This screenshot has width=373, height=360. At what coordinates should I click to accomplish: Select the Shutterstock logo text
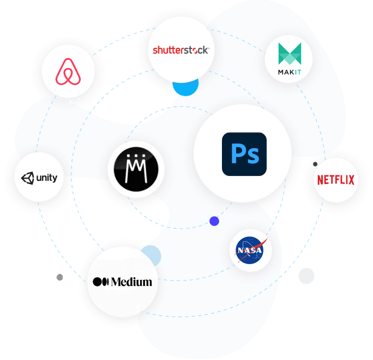[x=180, y=51]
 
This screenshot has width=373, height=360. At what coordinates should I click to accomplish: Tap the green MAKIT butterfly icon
[x=288, y=53]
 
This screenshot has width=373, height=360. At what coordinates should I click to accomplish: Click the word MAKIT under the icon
[x=288, y=71]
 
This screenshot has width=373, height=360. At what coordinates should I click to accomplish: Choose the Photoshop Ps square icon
[x=244, y=154]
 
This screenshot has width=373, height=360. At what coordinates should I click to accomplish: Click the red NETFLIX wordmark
[x=335, y=179]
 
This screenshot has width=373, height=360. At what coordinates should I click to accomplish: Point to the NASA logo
[x=250, y=250]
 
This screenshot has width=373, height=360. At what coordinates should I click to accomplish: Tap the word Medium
[x=131, y=282]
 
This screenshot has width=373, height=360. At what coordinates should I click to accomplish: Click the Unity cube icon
[x=27, y=178]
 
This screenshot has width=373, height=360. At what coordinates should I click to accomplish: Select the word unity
[x=47, y=178]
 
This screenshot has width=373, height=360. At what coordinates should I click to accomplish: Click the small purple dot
[x=214, y=221]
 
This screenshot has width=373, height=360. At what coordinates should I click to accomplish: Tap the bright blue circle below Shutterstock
[x=185, y=86]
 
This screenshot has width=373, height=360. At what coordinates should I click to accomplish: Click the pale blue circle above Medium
[x=151, y=255]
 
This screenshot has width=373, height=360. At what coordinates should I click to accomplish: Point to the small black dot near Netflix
[x=315, y=164]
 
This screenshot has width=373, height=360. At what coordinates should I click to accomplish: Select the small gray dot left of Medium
[x=59, y=277]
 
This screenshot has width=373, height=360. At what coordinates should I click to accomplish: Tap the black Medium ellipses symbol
[x=101, y=282]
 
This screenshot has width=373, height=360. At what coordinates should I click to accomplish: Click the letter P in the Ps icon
[x=237, y=154]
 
